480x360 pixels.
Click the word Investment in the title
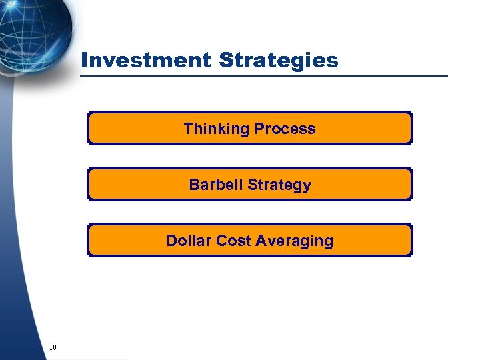pyautogui.click(x=145, y=61)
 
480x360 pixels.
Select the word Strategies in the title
pyautogui.click(x=278, y=61)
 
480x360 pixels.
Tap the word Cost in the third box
pyautogui.click(x=233, y=241)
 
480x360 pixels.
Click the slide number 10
pyautogui.click(x=53, y=347)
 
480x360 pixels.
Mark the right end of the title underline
pyautogui.click(x=447, y=76)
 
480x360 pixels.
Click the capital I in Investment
pyautogui.click(x=84, y=61)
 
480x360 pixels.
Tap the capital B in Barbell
pyautogui.click(x=194, y=185)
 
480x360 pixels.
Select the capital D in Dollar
pyautogui.click(x=171, y=241)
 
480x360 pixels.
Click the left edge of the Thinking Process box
pyautogui.click(x=88, y=128)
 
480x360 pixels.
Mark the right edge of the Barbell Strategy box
pyautogui.click(x=412, y=184)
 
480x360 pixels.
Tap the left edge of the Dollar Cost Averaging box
pyautogui.click(x=88, y=240)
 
